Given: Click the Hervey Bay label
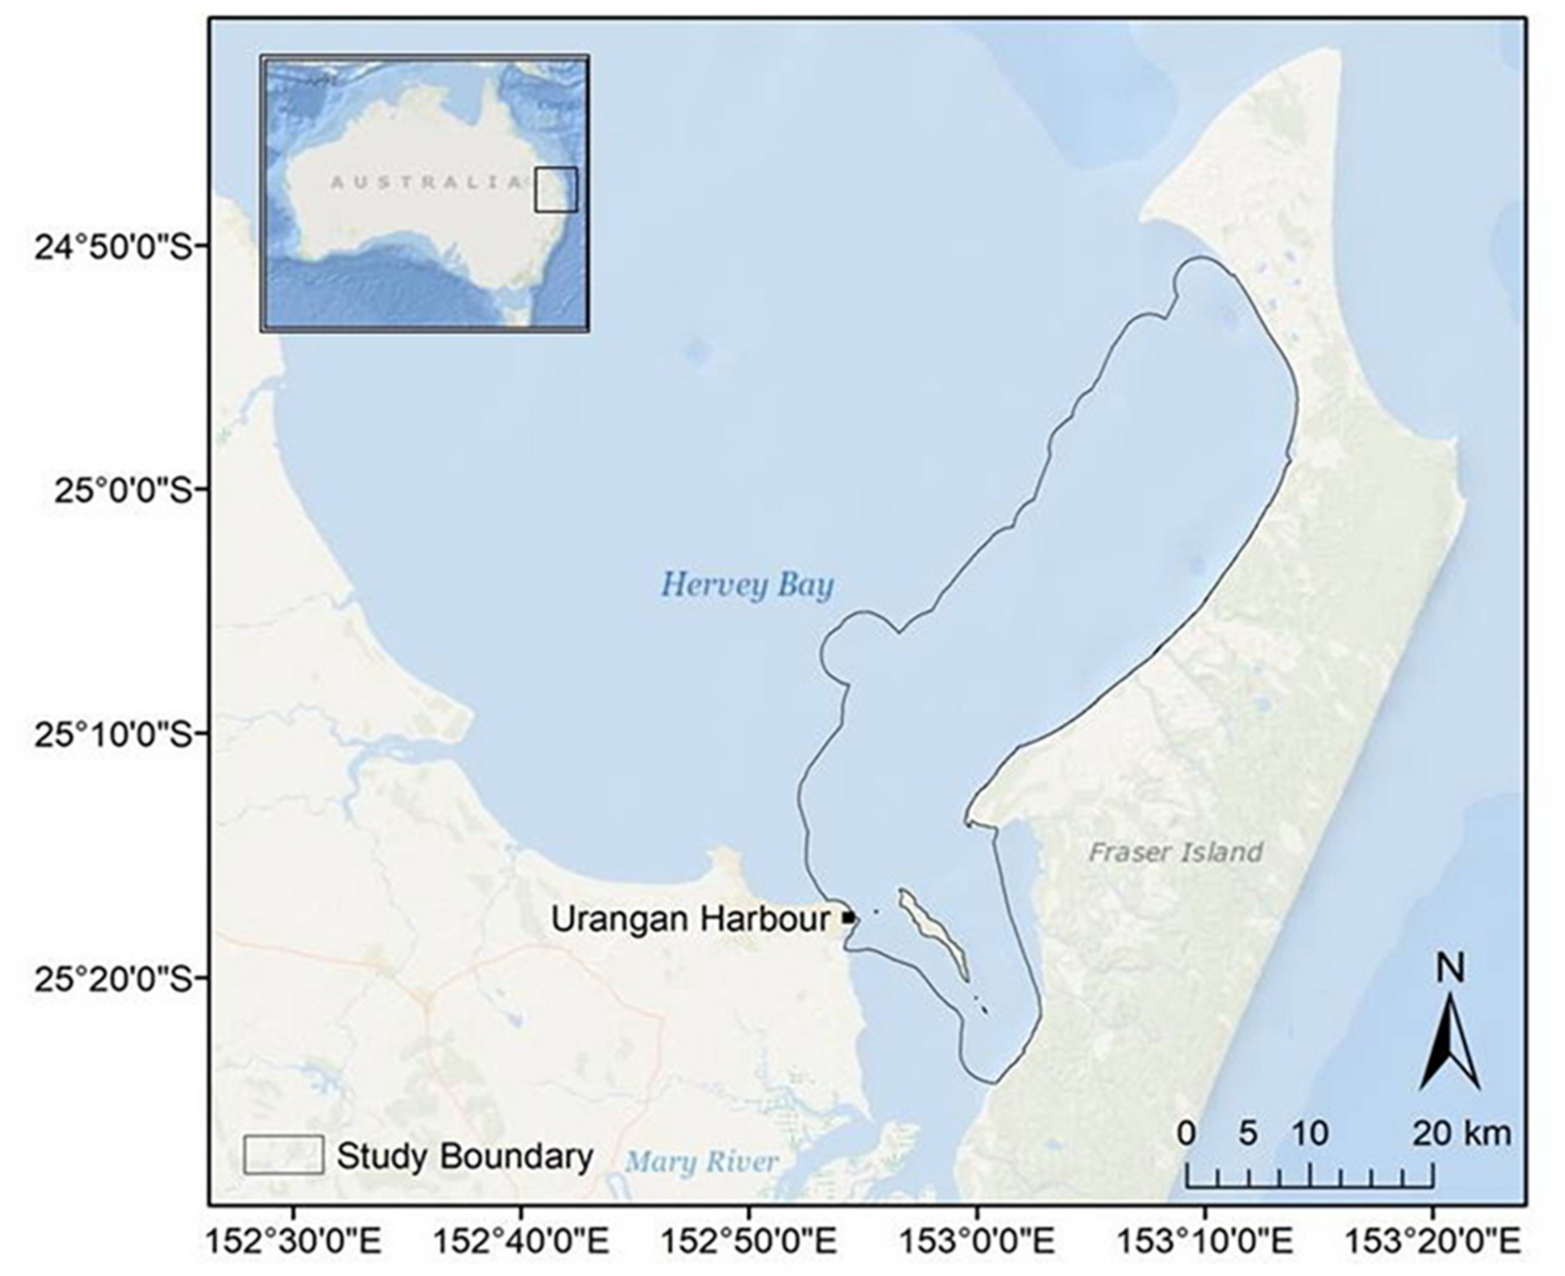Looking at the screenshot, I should pos(747,586).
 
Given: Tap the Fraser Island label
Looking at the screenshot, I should pos(1174,852).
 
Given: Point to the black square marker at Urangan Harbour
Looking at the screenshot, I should pos(849,917).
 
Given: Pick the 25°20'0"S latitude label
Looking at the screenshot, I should pos(111,977).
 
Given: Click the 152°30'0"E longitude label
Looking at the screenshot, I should pos(294,1243).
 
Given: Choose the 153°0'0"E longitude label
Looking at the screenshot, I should pos(976,1243).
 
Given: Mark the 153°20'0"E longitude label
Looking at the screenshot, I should pos(1432,1243).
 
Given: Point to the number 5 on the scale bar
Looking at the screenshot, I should pos(1248,1133).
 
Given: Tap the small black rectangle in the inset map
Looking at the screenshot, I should pos(556,190).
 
